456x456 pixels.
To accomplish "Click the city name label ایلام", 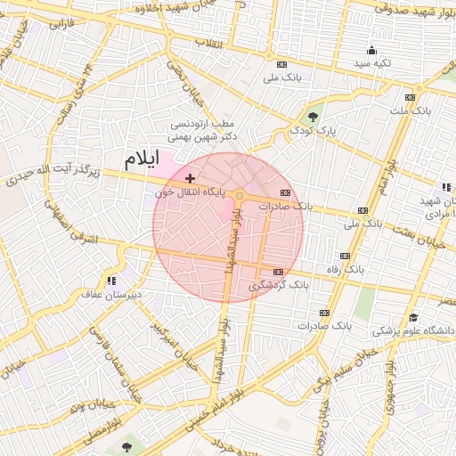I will click(x=141, y=160).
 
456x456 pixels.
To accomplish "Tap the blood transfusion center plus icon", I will click(x=190, y=179).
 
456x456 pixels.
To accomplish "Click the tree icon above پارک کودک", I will click(x=313, y=116).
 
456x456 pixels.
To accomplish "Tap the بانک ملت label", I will click(x=410, y=110).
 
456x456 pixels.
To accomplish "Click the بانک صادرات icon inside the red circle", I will click(x=285, y=192).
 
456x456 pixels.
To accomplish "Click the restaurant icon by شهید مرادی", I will click(x=445, y=187).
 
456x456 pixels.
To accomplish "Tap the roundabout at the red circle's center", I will click(x=239, y=194).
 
